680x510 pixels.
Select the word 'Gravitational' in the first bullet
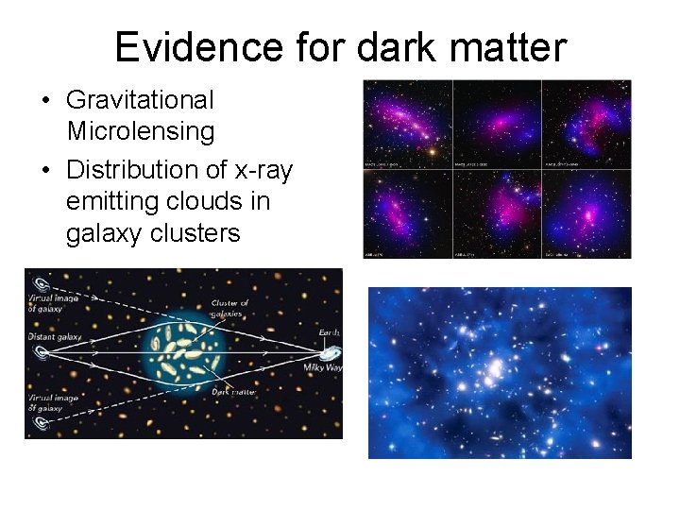[141, 99]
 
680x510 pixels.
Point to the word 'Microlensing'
[141, 131]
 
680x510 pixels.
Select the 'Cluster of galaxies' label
[230, 309]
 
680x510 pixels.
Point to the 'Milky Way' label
[321, 366]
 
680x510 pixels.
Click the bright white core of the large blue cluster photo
[492, 370]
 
